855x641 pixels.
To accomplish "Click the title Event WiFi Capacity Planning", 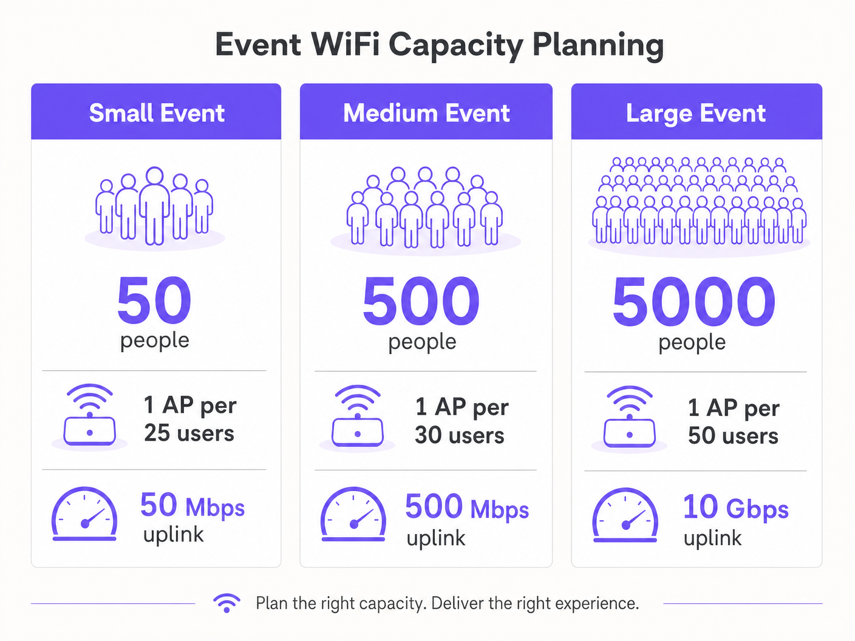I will (439, 46).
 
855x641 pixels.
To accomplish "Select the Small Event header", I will (157, 113).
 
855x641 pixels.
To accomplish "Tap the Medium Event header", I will (426, 113).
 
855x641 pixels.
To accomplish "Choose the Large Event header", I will (696, 114).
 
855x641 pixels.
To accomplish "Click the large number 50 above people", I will (154, 300).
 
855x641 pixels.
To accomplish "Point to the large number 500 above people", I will (421, 301).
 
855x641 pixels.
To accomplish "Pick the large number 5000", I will (693, 301).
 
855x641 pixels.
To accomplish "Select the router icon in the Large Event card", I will (630, 418).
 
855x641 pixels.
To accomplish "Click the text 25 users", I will (189, 433).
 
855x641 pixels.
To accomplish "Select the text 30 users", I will (460, 435).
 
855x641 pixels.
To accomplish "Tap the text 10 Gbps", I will (735, 507).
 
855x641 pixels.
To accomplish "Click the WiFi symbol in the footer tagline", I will (227, 603).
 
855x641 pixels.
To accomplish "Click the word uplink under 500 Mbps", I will (436, 538).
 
